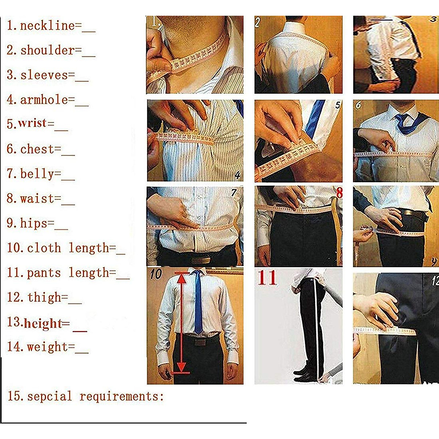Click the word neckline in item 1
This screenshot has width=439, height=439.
(x=47, y=26)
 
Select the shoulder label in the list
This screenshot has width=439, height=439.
(x=47, y=50)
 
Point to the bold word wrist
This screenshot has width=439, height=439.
(x=33, y=123)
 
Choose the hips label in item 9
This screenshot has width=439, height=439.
(x=33, y=223)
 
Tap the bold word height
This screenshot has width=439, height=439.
(x=43, y=323)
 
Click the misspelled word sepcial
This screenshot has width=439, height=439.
(x=49, y=397)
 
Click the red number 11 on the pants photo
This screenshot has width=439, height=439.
(x=267, y=278)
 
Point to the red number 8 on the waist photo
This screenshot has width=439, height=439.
(x=339, y=193)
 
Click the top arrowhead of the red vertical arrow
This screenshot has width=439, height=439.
(x=182, y=278)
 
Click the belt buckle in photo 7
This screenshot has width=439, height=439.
(x=201, y=260)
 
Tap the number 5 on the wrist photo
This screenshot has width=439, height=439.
(x=337, y=105)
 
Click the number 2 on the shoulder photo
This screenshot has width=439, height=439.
(x=258, y=23)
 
